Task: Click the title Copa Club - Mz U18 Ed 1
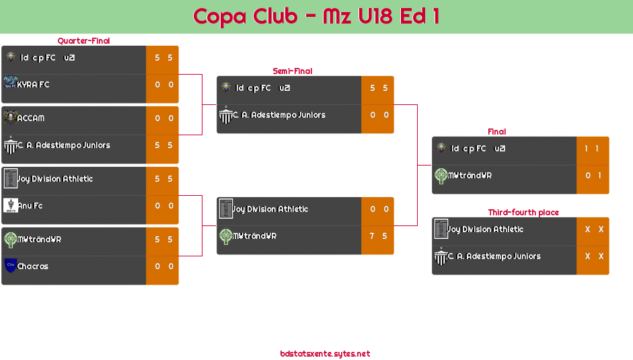[316, 16]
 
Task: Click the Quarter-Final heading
[83, 41]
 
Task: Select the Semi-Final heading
[291, 71]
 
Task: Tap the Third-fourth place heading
[523, 213]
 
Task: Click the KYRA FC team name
[34, 85]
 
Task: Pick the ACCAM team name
[31, 118]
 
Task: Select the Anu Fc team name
[30, 206]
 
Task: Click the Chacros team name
[33, 266]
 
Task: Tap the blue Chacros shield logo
[10, 266]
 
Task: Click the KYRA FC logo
[10, 83]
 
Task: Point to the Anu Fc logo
[10, 205]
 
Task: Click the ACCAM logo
[10, 117]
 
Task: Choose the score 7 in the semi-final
[371, 236]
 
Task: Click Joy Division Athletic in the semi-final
[270, 209]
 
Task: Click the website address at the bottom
[325, 354]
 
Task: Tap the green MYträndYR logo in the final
[441, 176]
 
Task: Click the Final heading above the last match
[496, 132]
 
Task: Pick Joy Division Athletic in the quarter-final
[55, 179]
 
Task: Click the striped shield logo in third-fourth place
[441, 256]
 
